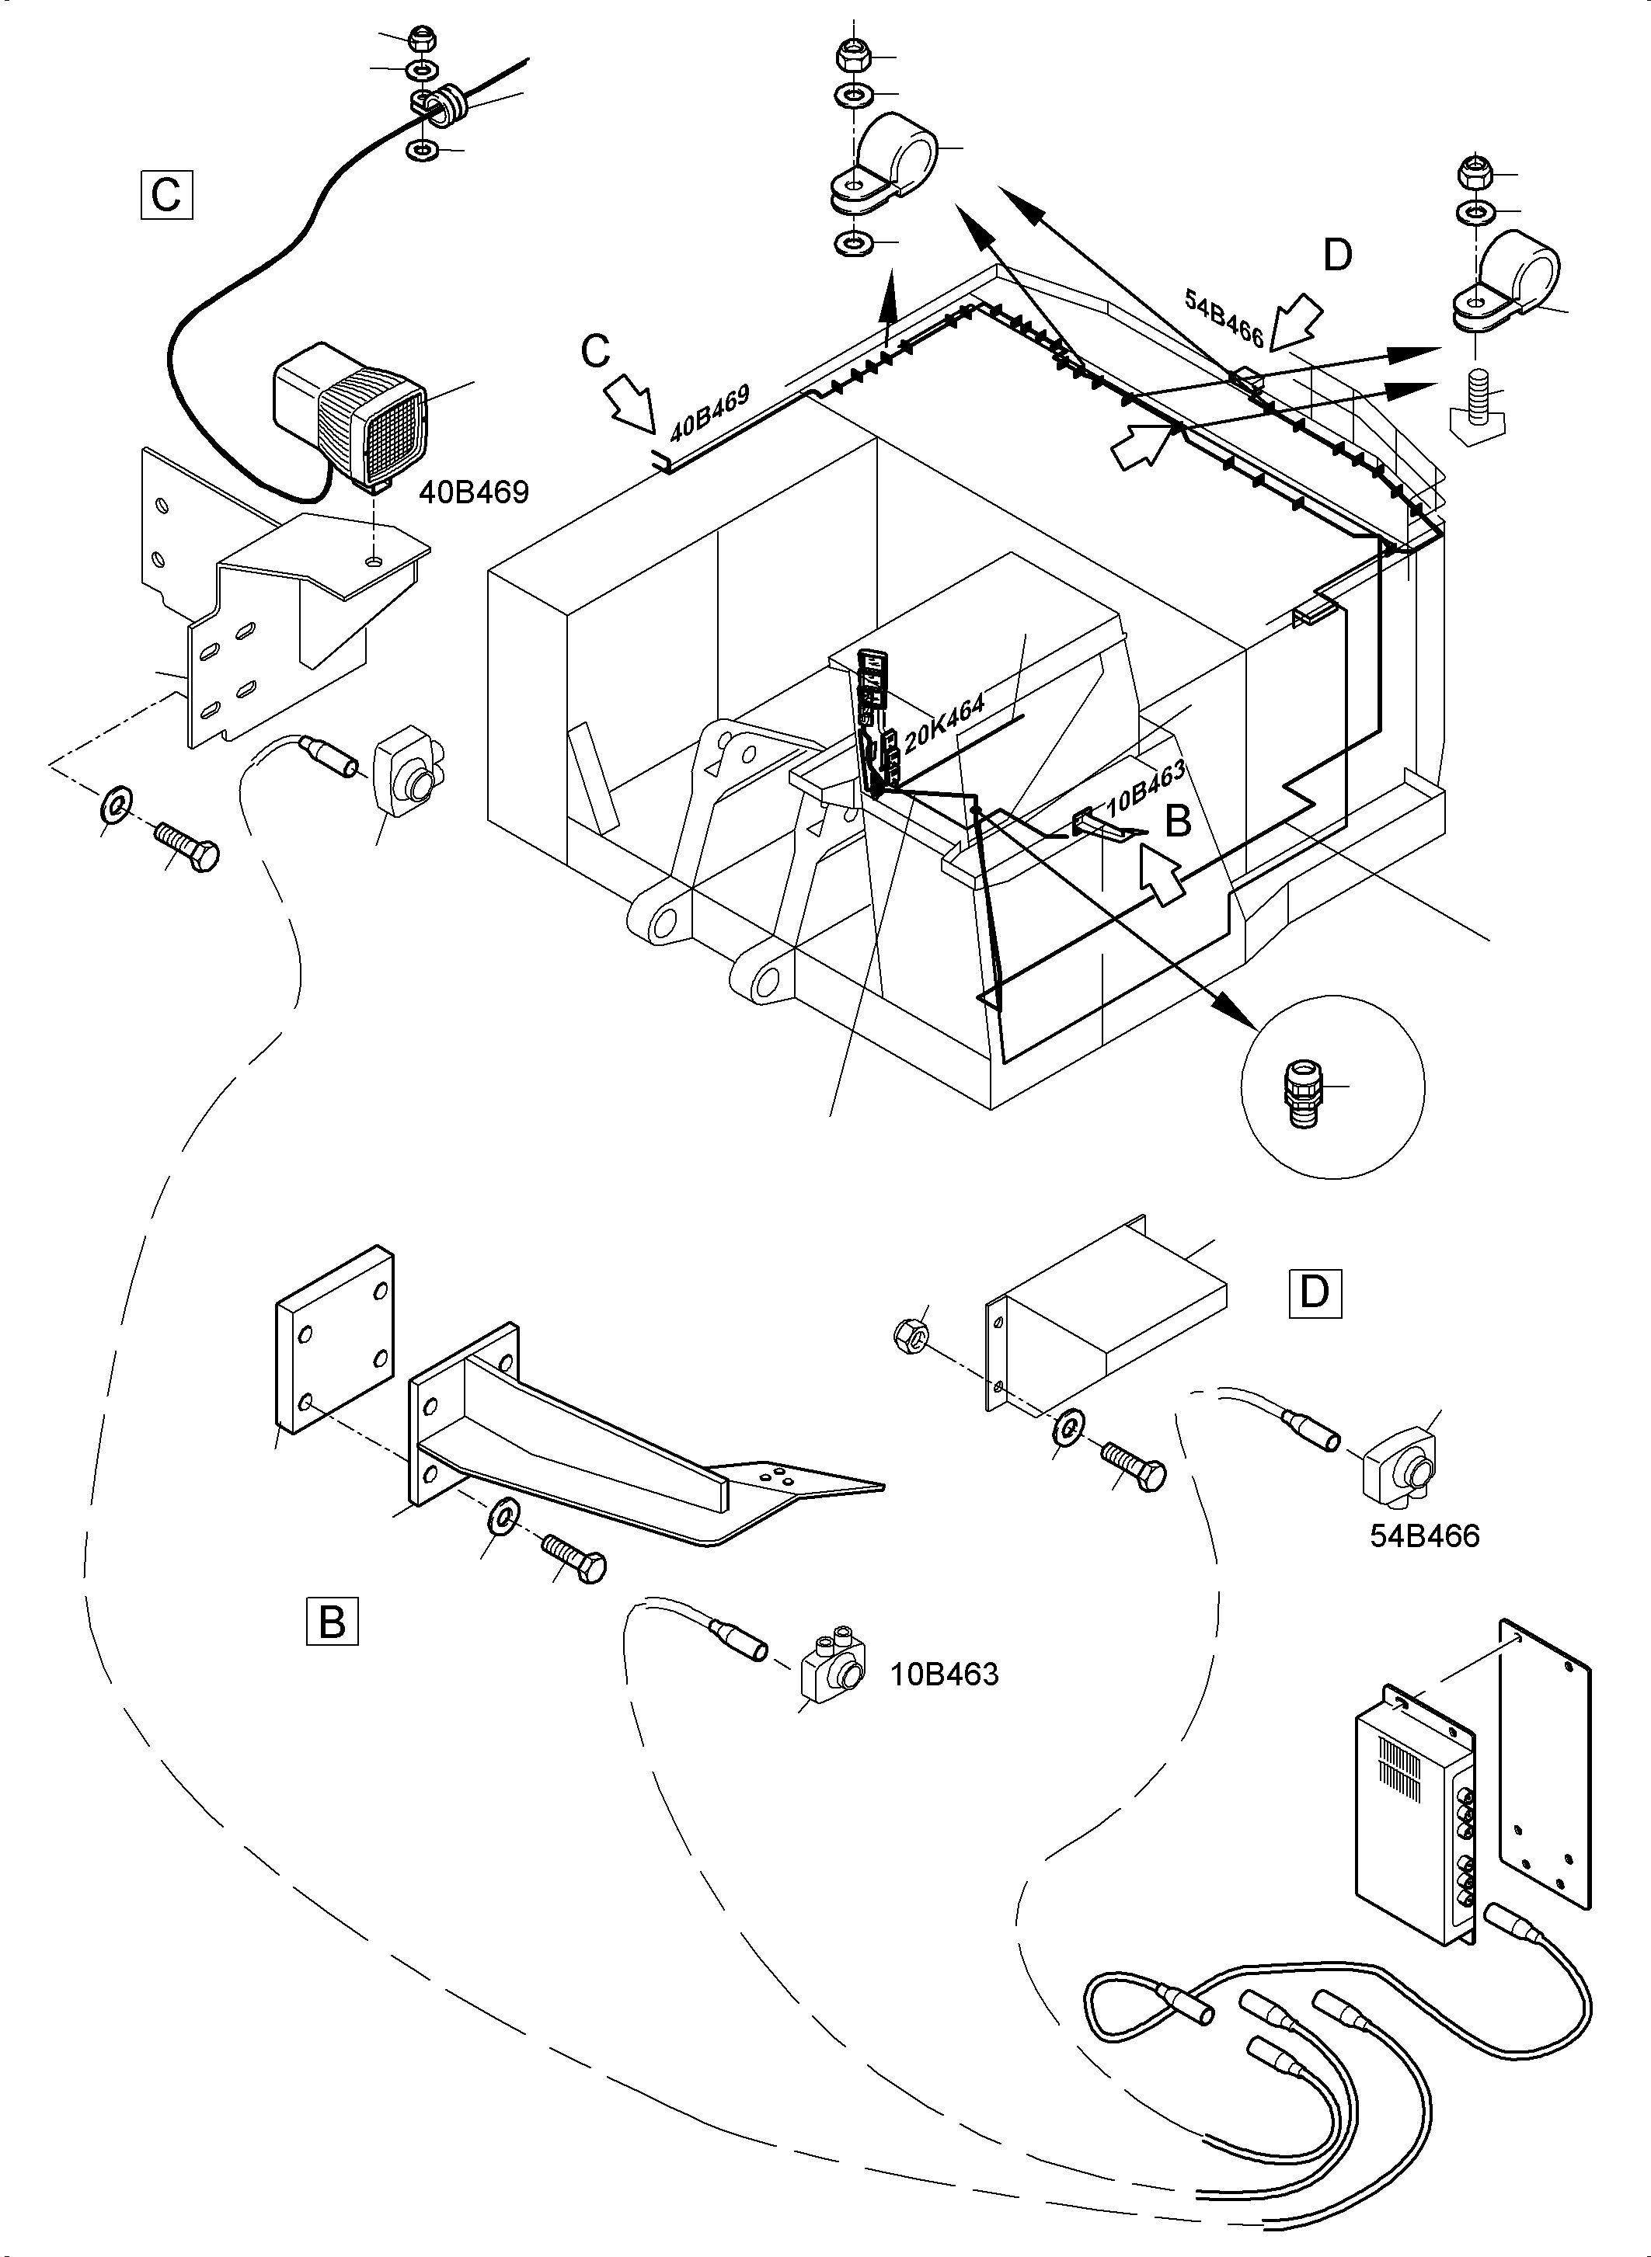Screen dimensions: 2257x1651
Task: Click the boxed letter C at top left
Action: [x=166, y=195]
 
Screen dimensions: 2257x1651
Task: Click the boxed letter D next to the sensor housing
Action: [x=1315, y=1293]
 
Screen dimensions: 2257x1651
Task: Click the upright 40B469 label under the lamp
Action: [x=474, y=492]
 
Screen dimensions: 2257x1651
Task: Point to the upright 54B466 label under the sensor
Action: [x=1424, y=1535]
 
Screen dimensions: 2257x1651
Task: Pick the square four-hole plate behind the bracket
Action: [x=334, y=1340]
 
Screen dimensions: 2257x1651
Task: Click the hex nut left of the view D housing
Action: [x=911, y=1332]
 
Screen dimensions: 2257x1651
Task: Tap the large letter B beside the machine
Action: [x=1179, y=820]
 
